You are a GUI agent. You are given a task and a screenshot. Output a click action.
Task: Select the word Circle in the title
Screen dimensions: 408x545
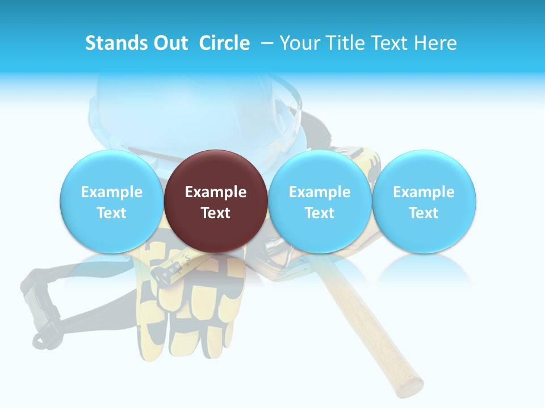[224, 43]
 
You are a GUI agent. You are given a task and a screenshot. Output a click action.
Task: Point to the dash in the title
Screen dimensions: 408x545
[267, 43]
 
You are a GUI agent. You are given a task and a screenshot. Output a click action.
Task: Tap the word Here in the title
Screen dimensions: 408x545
[435, 43]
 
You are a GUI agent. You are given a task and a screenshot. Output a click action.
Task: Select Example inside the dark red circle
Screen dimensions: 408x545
[216, 192]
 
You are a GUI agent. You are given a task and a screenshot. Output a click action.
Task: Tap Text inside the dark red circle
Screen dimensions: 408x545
[216, 213]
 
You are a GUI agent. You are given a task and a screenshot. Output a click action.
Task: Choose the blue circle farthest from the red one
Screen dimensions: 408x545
[424, 202]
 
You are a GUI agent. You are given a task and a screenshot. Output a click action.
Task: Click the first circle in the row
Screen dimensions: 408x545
[112, 202]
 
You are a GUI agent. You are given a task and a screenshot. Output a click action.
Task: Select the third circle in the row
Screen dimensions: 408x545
[320, 202]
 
